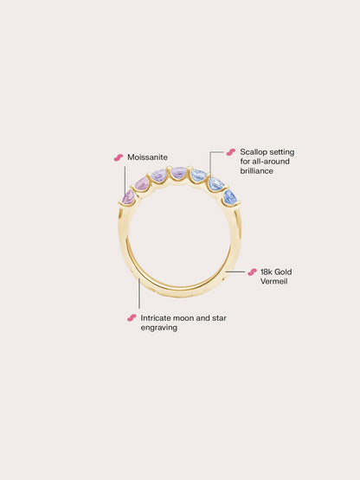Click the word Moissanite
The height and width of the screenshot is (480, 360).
click(x=147, y=157)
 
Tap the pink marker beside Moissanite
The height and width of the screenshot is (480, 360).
click(x=119, y=157)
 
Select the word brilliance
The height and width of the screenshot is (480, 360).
click(x=256, y=171)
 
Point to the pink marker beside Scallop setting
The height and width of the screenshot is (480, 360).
click(x=231, y=152)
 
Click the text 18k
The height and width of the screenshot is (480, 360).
click(x=267, y=272)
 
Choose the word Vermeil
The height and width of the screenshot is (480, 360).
click(x=274, y=281)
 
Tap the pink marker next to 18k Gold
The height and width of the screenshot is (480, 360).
click(x=252, y=272)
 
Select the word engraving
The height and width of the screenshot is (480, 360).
click(x=159, y=328)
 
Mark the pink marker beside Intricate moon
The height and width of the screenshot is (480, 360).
click(x=132, y=318)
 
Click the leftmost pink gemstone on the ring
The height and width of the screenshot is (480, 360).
click(x=128, y=196)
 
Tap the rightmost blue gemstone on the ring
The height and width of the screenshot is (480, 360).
click(x=230, y=197)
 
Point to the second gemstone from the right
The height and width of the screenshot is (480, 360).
click(x=216, y=183)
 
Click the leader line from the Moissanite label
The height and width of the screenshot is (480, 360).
click(x=125, y=179)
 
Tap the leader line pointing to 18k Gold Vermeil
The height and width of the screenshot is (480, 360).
click(x=235, y=272)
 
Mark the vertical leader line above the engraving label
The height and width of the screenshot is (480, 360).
click(x=139, y=293)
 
